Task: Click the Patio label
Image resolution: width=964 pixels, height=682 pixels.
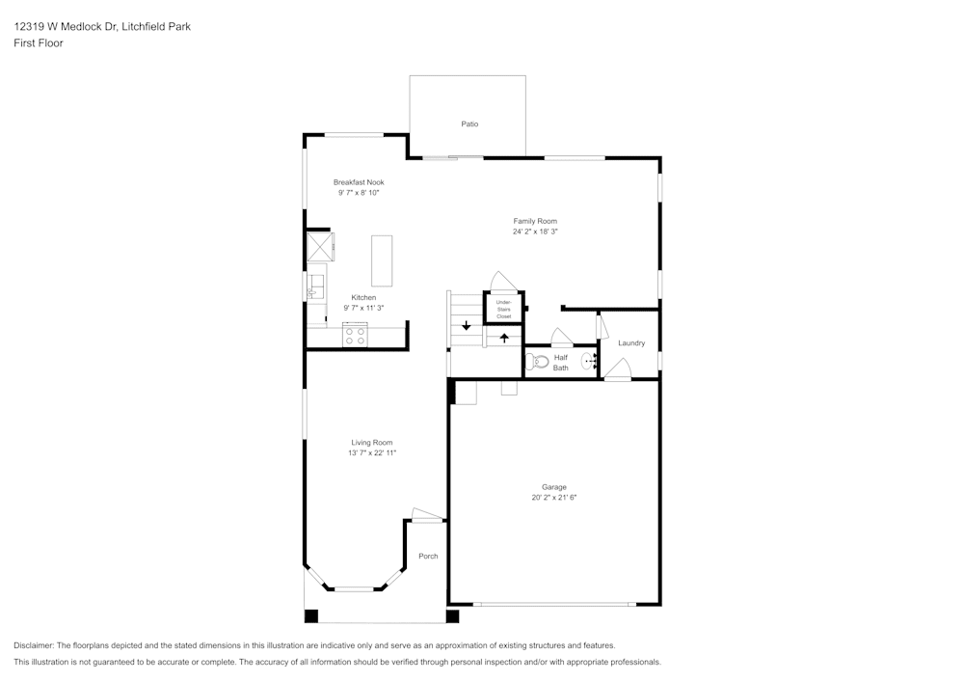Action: click(469, 124)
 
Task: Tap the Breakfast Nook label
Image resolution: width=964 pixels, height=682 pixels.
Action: click(359, 182)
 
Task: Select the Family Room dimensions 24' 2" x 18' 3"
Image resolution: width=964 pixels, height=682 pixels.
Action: click(535, 232)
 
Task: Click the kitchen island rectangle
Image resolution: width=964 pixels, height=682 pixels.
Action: click(383, 260)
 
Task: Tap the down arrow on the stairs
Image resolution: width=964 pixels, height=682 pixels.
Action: click(467, 325)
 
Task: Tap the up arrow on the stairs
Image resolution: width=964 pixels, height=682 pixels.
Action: click(503, 338)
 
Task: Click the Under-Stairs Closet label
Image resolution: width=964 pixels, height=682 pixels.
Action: click(503, 309)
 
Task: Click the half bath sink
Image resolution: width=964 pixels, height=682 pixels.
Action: click(588, 362)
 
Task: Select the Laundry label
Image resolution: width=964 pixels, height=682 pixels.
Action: click(631, 343)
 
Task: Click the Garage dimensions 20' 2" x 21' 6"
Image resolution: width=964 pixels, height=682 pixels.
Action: click(553, 498)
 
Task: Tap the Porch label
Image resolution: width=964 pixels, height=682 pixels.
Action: click(428, 557)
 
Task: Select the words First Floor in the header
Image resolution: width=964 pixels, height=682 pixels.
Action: click(39, 43)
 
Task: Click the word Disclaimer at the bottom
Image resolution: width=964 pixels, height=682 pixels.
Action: click(34, 645)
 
